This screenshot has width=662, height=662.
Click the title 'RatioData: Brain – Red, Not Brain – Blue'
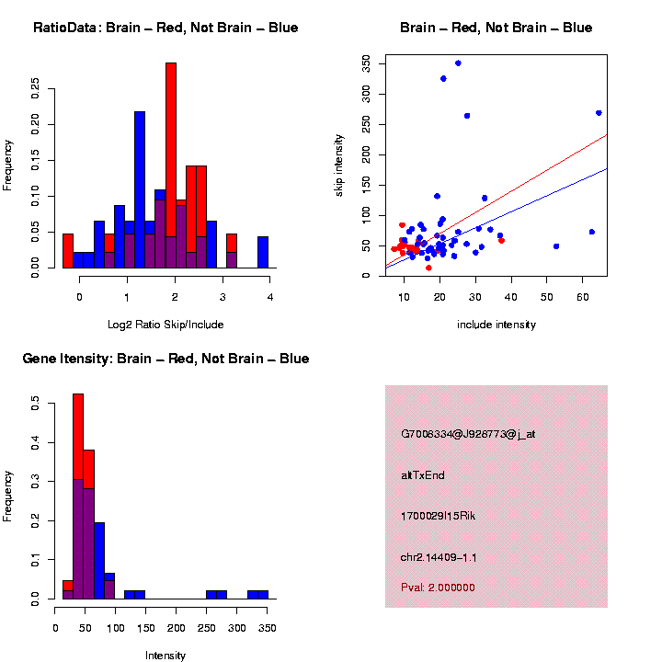[165, 28]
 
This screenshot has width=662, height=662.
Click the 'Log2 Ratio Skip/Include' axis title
[165, 325]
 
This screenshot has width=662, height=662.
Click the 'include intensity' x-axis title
[496, 325]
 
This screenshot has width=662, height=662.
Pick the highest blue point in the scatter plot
[458, 63]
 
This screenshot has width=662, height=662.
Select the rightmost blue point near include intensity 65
[599, 113]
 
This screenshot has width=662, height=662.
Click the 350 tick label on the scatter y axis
[366, 63]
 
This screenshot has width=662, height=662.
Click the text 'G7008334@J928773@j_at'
[468, 433]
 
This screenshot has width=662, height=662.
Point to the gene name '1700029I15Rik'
[439, 516]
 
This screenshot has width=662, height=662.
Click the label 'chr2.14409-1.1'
[439, 557]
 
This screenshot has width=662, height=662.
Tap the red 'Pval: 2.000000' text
[438, 587]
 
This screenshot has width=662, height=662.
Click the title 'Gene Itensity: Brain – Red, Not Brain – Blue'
[165, 359]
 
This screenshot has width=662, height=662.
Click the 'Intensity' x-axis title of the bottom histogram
[165, 656]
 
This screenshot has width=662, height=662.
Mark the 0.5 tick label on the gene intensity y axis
[35, 403]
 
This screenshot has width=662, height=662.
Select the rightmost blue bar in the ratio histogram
[263, 252]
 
